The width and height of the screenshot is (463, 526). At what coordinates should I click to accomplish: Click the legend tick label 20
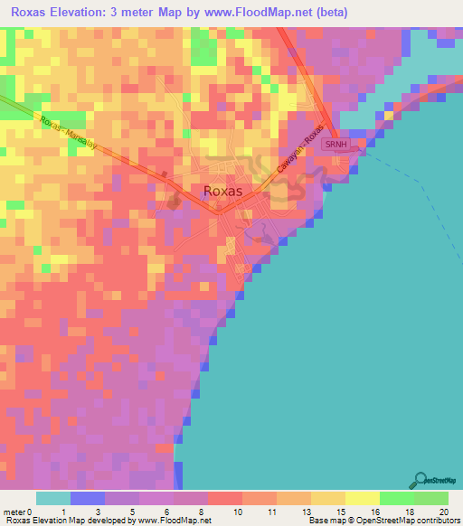[x=444, y=511]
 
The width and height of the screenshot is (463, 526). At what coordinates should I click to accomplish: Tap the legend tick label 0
[x=32, y=511]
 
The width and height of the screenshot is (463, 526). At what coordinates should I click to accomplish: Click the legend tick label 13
[x=293, y=511]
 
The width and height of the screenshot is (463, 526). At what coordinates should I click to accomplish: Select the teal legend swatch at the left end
[x=53, y=498]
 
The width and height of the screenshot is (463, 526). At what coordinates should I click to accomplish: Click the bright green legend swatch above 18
[x=396, y=498]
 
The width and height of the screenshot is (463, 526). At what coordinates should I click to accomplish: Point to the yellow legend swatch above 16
[x=362, y=498]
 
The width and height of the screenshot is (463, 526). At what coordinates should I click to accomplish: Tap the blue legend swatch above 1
[x=88, y=498]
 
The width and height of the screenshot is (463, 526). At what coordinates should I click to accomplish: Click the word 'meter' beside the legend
[x=14, y=511]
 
